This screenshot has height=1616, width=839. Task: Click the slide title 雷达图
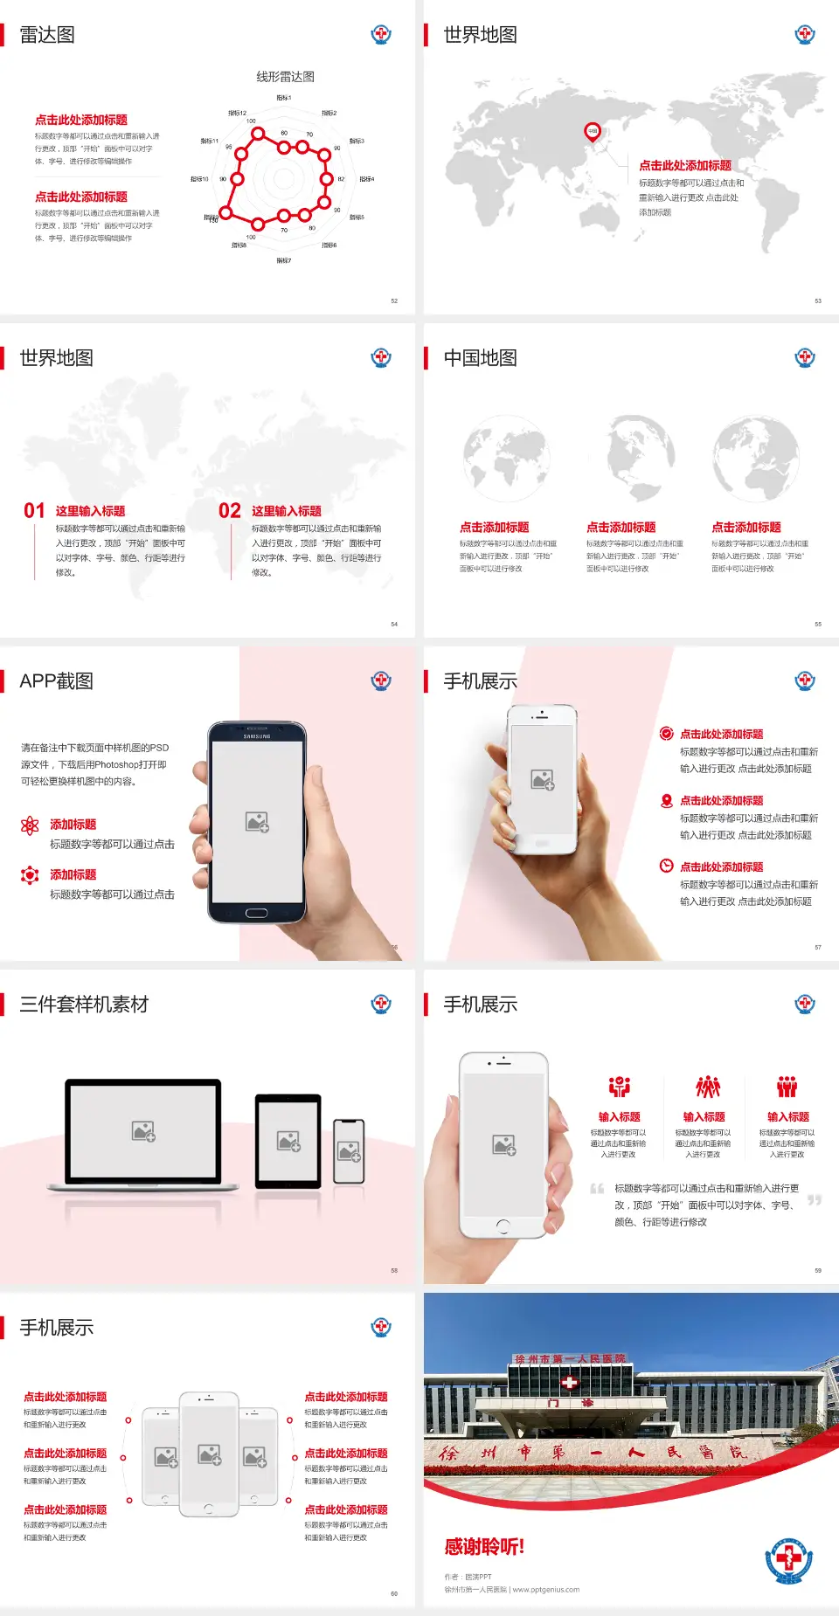click(x=47, y=35)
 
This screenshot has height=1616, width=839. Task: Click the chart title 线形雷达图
click(x=285, y=77)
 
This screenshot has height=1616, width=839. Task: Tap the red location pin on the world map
click(x=593, y=132)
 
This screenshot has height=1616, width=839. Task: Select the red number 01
click(x=34, y=511)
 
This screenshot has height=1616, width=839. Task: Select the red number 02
click(x=230, y=511)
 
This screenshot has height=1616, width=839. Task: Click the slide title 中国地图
click(x=480, y=358)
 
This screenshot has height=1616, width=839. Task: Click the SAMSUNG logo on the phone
click(x=257, y=736)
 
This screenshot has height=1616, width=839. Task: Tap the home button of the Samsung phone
click(x=256, y=913)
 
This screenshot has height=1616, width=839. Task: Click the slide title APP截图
click(x=56, y=681)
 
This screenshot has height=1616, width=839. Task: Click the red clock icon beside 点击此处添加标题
click(x=666, y=866)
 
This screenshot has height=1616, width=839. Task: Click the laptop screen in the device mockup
click(x=143, y=1131)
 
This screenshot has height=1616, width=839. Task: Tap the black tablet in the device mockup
click(x=288, y=1141)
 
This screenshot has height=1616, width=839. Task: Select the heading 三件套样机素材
click(x=84, y=1005)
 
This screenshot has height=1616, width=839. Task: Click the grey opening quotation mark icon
click(x=597, y=1188)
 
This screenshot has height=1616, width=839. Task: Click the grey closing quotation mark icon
click(x=815, y=1200)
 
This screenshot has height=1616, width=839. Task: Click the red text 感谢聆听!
click(x=484, y=1547)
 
